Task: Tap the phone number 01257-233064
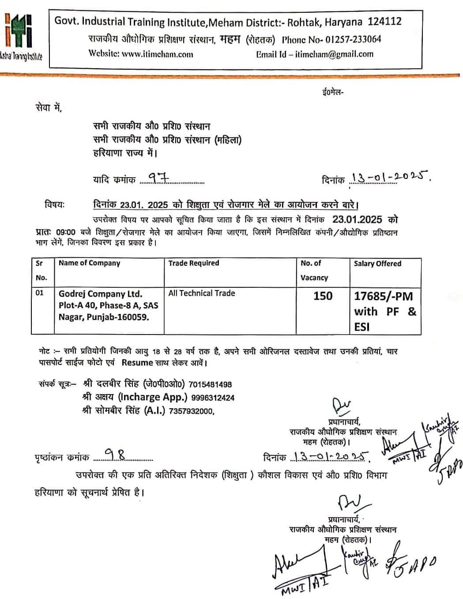point(353,39)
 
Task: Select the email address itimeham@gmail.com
point(334,54)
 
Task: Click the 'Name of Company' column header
point(89,263)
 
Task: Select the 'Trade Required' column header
point(193,263)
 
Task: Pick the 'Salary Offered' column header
point(377,264)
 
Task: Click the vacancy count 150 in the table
point(323,296)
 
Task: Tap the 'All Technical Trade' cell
point(201,293)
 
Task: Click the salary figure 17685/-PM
point(383,296)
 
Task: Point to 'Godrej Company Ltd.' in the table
point(100,294)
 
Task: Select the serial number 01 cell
point(40,293)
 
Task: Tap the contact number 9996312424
point(213,398)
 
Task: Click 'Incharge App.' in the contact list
point(152,397)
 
